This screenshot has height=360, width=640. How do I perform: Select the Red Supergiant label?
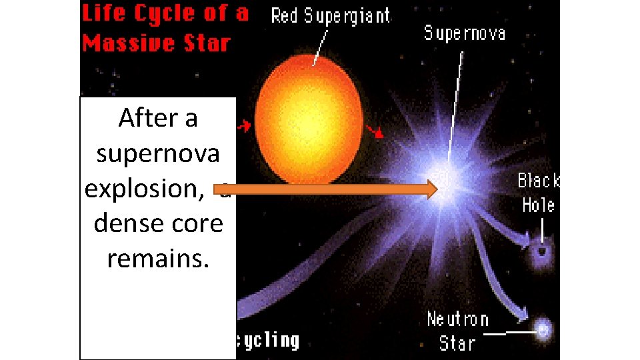pyautogui.click(x=330, y=16)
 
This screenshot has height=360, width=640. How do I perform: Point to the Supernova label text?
pyautogui.click(x=464, y=32)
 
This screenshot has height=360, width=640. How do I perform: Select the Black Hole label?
pyautogui.click(x=539, y=193)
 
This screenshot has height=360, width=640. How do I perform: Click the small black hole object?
pyautogui.click(x=542, y=251)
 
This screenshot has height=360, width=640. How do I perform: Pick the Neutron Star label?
pyautogui.click(x=458, y=331)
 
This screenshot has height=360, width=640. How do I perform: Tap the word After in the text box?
pyautogui.click(x=158, y=119)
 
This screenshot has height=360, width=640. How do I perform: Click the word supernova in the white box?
pyautogui.click(x=158, y=154)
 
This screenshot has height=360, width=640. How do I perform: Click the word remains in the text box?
pyautogui.click(x=158, y=259)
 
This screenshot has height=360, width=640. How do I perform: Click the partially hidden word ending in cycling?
pyautogui.click(x=267, y=341)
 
